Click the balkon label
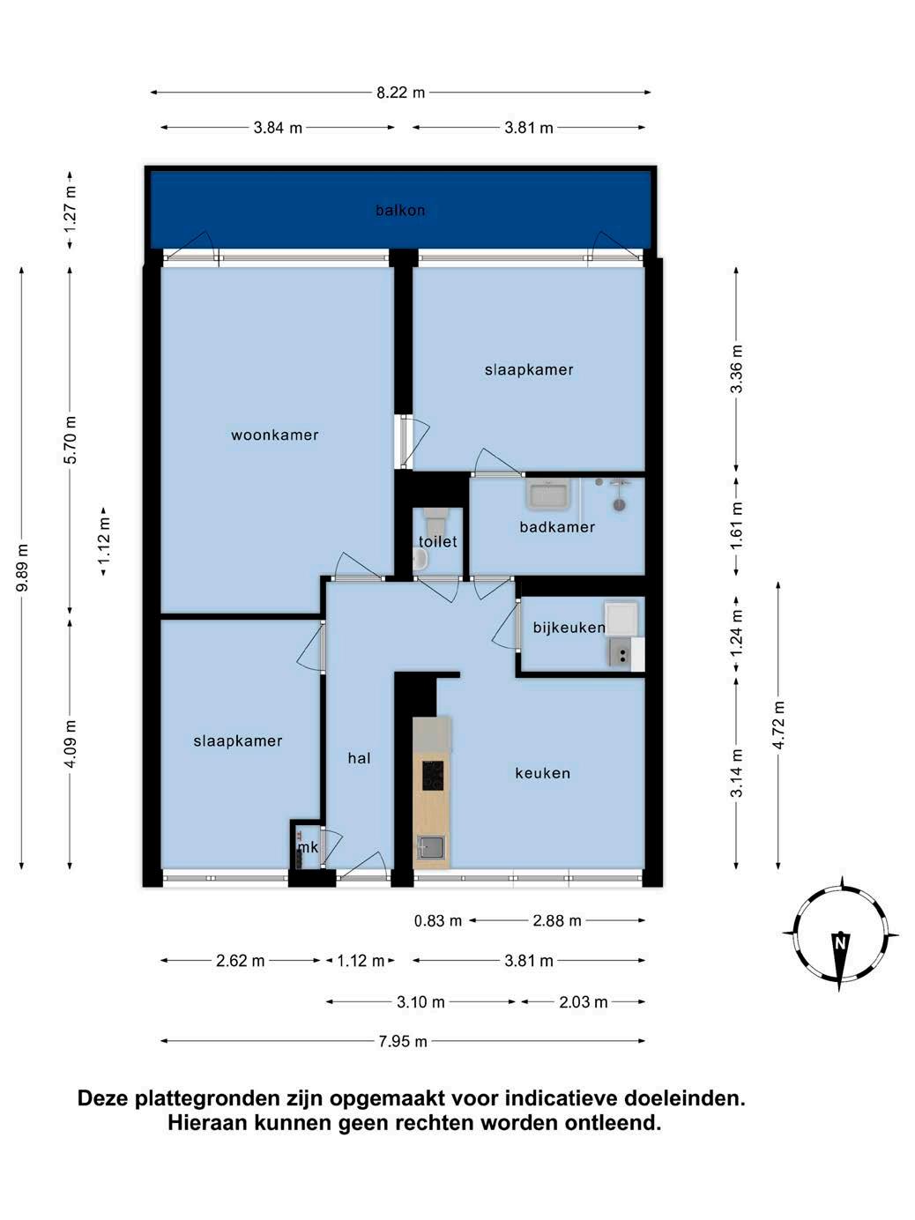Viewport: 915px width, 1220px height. click(400, 210)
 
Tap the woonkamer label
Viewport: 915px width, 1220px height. click(274, 435)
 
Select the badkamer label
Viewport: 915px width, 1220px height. click(556, 526)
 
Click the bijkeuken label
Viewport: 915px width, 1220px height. click(569, 628)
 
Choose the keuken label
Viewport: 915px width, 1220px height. click(542, 773)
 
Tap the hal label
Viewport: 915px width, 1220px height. click(359, 758)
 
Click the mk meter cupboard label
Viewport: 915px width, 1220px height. click(308, 847)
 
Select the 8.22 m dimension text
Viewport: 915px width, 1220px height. click(400, 93)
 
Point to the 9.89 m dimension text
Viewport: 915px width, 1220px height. click(22, 568)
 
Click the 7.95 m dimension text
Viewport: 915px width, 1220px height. click(403, 1041)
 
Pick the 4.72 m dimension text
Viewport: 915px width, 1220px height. click(778, 725)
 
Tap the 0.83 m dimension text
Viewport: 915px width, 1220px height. click(438, 921)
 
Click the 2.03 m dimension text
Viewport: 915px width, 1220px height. click(584, 1001)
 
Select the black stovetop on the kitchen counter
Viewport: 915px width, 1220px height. click(433, 775)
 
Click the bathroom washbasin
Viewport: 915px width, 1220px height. click(548, 495)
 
